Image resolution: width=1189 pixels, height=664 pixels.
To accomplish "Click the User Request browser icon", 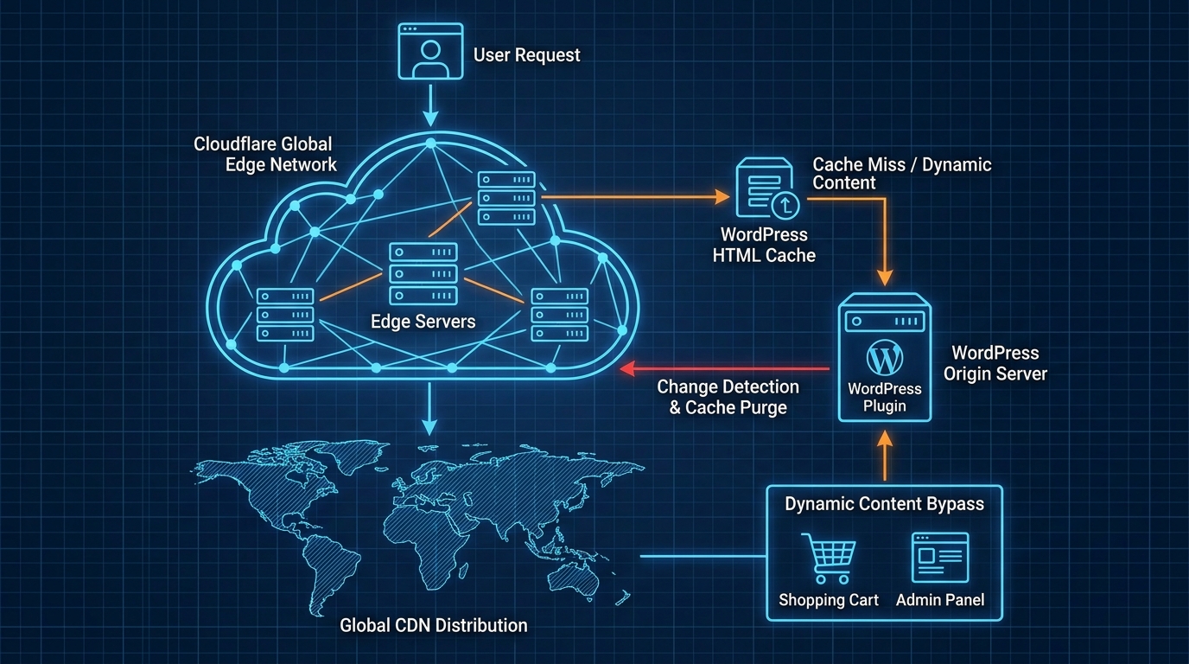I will click(x=425, y=53).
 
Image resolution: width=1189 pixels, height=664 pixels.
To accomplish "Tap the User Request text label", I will click(x=526, y=55).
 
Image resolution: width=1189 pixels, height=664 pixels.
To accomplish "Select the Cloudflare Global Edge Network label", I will click(x=264, y=154).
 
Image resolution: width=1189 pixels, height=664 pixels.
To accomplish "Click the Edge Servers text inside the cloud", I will click(x=423, y=322).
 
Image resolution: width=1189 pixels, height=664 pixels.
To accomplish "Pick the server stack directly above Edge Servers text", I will click(x=423, y=273).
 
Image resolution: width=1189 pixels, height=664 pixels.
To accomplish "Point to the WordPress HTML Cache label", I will click(x=764, y=245).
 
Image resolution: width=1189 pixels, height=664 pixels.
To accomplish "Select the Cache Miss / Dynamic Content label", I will click(x=901, y=174).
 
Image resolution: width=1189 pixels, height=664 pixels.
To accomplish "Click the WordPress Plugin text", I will click(x=884, y=398).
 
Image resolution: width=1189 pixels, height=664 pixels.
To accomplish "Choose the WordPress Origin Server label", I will click(x=995, y=363).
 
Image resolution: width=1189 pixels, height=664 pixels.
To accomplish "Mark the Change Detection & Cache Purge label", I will click(x=728, y=397).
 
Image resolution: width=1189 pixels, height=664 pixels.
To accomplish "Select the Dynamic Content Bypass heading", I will click(x=884, y=504).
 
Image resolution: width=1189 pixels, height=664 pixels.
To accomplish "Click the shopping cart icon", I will click(x=827, y=559).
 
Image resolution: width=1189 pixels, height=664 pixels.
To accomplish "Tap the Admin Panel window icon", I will click(x=940, y=558).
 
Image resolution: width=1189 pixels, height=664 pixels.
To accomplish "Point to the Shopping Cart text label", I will click(x=828, y=600).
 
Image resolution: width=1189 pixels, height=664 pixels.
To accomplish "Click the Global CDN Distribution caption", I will click(x=433, y=624).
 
